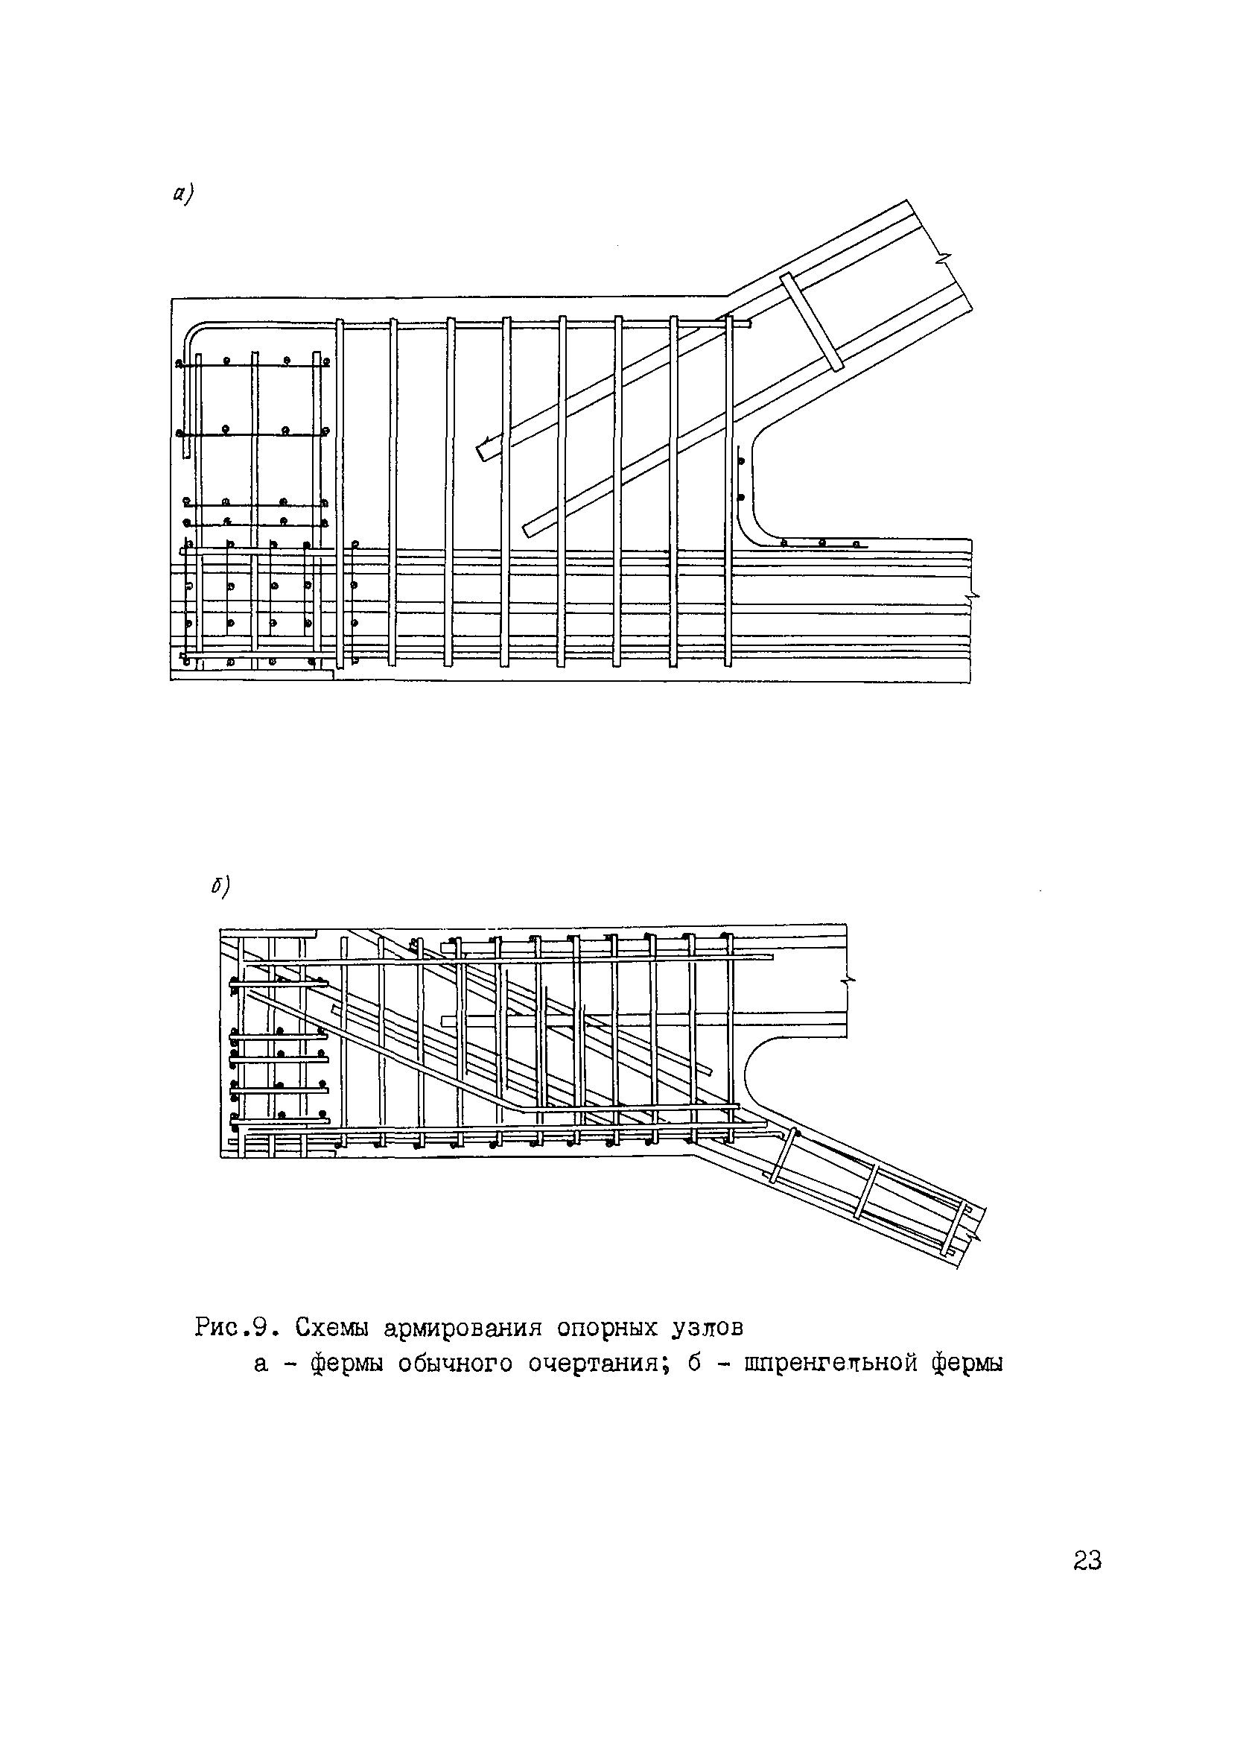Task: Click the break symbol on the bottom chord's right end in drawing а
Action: tap(973, 596)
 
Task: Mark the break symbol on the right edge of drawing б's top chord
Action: tap(849, 981)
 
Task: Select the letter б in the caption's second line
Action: tap(693, 1364)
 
